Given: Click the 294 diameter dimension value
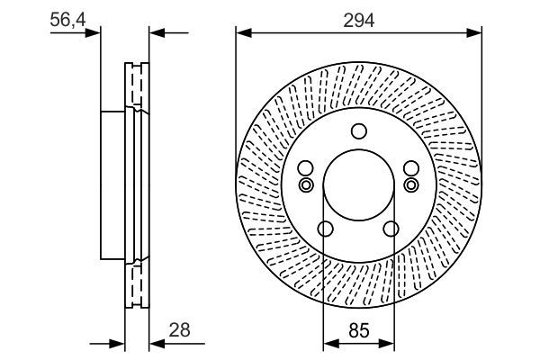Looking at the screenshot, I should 358,17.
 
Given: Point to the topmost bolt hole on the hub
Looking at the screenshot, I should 358,130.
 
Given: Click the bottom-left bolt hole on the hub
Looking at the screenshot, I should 327,229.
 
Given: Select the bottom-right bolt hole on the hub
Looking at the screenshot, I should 390,229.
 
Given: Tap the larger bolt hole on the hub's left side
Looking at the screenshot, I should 305,168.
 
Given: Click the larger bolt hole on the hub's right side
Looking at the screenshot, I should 411,168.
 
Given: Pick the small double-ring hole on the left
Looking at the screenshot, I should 305,185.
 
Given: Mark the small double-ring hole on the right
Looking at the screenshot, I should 411,185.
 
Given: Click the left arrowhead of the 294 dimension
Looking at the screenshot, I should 242,33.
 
